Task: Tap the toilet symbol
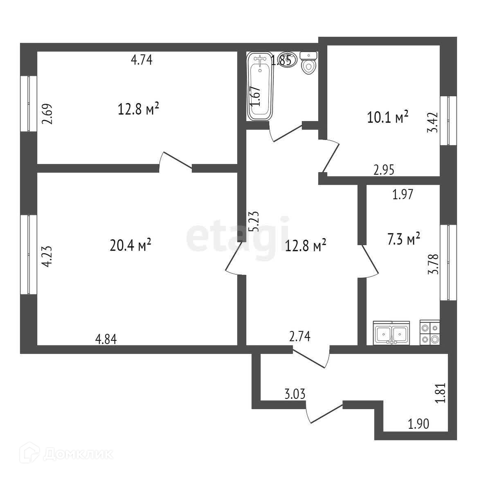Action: coord(308,63)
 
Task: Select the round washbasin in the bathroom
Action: coord(285,60)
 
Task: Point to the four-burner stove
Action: coord(430,333)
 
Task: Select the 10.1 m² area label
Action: coord(388,118)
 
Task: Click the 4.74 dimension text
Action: coord(142,60)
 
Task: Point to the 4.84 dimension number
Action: coord(106,339)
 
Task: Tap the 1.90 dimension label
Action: coord(419,424)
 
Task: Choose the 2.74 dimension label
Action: coord(300,336)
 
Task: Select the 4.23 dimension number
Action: coord(48,256)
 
